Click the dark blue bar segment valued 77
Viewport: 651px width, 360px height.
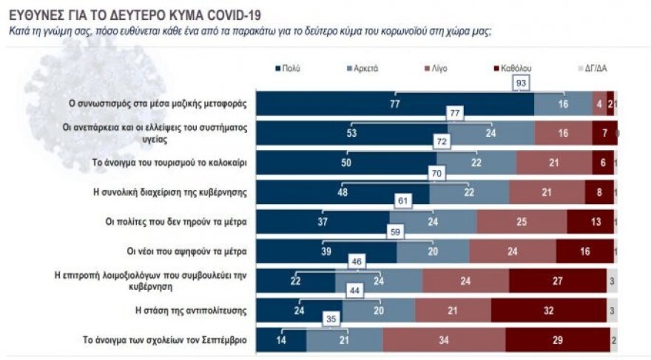tap(396, 104)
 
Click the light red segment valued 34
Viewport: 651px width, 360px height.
tap(444, 341)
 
